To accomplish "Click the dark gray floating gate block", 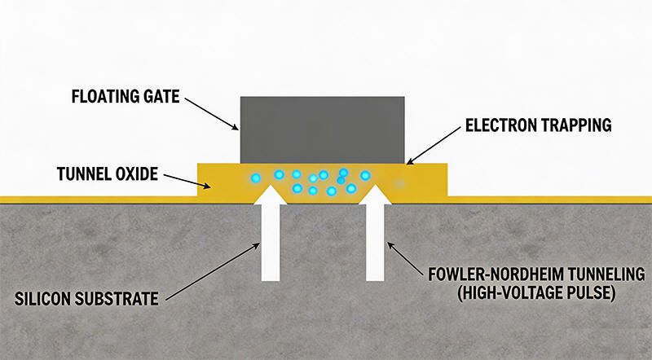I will pos(322,127).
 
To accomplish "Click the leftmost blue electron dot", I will pos(255,177).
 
